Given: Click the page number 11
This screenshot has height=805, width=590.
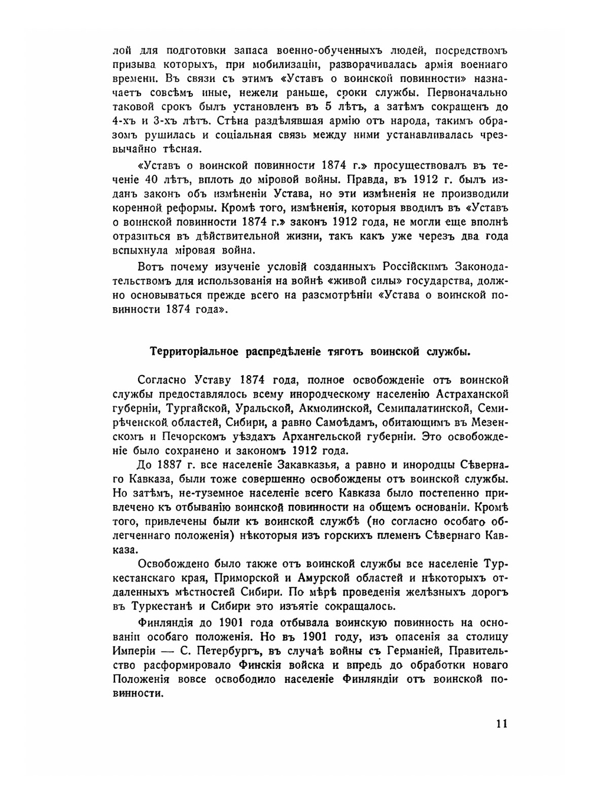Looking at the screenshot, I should point(501,723).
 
